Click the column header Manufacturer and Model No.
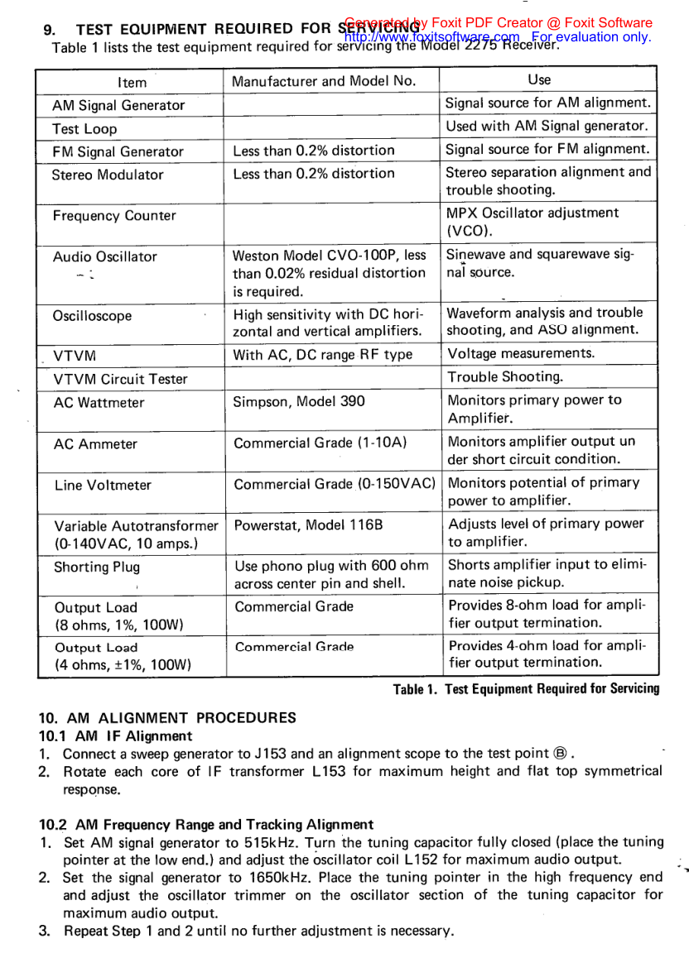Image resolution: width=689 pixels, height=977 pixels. tap(324, 81)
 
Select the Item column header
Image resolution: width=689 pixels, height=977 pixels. tap(132, 82)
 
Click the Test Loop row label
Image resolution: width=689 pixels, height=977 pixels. tap(84, 129)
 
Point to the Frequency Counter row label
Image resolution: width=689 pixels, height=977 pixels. tap(114, 216)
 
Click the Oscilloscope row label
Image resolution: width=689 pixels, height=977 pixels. tap(92, 316)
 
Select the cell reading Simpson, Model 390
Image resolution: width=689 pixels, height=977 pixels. tap(298, 401)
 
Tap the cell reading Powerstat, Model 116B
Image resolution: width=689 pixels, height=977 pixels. tap(297, 525)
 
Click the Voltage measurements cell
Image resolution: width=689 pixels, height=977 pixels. tap(521, 353)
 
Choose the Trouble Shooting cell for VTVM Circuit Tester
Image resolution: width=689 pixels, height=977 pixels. tap(505, 377)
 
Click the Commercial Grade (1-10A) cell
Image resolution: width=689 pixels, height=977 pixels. tap(320, 443)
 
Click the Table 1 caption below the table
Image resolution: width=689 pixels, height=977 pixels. tap(526, 688)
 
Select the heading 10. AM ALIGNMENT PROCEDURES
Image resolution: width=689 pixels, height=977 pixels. tap(167, 717)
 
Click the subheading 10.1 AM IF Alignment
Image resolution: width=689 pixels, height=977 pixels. tap(115, 735)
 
